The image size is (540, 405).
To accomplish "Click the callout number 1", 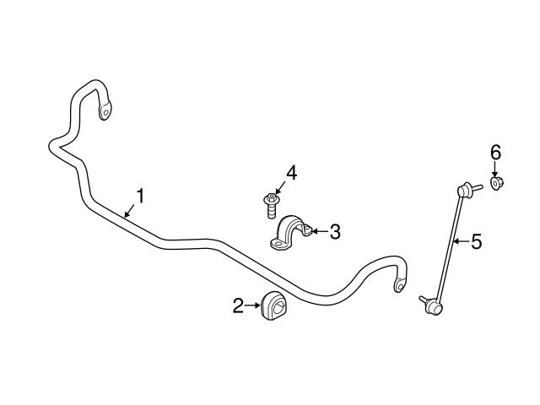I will [140, 196].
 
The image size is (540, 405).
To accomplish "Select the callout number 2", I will [239, 305].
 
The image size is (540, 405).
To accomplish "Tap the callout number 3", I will [335, 231].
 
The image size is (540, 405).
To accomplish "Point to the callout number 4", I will [291, 173].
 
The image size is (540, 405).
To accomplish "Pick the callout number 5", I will [477, 242].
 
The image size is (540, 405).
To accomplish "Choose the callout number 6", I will [496, 152].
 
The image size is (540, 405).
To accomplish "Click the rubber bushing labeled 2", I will [275, 305].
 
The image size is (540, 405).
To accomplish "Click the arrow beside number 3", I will [319, 229].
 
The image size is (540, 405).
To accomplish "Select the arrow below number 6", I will [496, 168].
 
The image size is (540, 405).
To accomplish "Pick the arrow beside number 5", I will [461, 242].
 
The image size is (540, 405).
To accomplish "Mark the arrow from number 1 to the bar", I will [130, 209].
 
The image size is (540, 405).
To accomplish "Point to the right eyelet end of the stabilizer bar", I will [398, 285].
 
